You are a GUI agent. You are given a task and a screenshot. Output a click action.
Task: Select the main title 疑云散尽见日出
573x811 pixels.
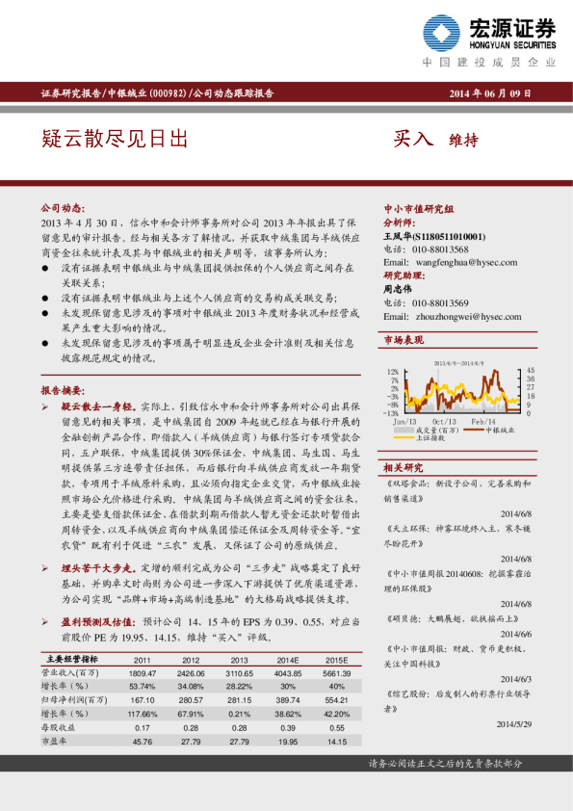pos(115,140)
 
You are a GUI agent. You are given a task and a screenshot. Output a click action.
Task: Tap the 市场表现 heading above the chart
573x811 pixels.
pos(404,341)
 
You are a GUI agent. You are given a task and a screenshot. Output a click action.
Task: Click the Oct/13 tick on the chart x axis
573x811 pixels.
pos(444,421)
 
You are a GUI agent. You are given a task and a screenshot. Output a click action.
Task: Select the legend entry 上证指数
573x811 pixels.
pos(442,437)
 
